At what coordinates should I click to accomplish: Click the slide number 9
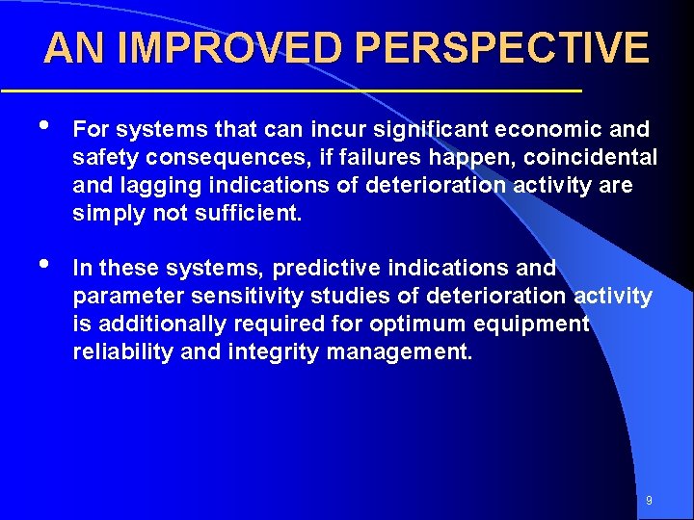pos(649,501)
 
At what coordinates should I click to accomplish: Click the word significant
pos(421,129)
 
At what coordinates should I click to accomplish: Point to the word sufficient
pos(250,213)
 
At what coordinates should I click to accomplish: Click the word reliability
pos(123,351)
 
